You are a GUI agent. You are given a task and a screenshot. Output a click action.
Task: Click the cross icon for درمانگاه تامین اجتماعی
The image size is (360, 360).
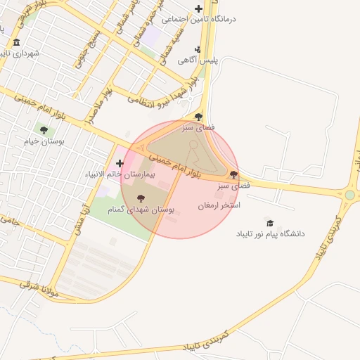(198, 9)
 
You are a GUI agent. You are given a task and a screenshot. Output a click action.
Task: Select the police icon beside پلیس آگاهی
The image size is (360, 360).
(198, 49)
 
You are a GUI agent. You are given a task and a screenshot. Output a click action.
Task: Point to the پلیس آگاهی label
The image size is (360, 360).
(198, 60)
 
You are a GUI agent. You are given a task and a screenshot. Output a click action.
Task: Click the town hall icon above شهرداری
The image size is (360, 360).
(16, 43)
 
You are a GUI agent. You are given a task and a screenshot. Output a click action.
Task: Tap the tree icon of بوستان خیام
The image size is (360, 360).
(44, 130)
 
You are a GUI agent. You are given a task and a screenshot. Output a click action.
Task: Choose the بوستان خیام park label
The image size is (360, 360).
(44, 141)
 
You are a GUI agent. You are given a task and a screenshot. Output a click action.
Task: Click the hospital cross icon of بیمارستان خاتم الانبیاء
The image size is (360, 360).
(120, 163)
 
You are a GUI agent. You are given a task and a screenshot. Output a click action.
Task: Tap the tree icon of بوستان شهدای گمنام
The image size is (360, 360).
(140, 199)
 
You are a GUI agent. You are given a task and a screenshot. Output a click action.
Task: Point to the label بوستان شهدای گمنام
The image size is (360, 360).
(141, 210)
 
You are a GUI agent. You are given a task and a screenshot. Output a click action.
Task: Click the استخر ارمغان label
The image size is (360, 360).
(219, 205)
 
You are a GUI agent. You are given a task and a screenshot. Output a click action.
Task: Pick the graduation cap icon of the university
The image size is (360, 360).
(269, 222)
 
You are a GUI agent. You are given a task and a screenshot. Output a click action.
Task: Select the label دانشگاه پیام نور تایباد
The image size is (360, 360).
(270, 233)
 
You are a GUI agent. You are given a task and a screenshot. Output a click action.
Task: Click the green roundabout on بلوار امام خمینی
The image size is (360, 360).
(349, 195)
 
